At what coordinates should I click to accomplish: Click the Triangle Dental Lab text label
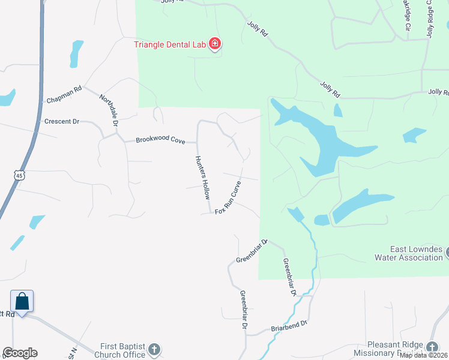[x=170, y=44]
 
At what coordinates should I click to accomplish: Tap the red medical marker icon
[x=215, y=44]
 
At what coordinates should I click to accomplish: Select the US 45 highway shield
[x=20, y=174]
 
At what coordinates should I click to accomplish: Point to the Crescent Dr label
[x=62, y=121]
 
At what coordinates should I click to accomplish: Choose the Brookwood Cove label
[x=160, y=140]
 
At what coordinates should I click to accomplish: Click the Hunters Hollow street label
[x=203, y=178]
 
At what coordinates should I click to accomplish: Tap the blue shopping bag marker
[x=22, y=301]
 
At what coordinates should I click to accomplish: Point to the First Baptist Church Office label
[x=123, y=350]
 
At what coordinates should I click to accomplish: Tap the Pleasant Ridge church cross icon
[x=432, y=347]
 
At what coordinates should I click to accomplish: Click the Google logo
[x=20, y=353]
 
